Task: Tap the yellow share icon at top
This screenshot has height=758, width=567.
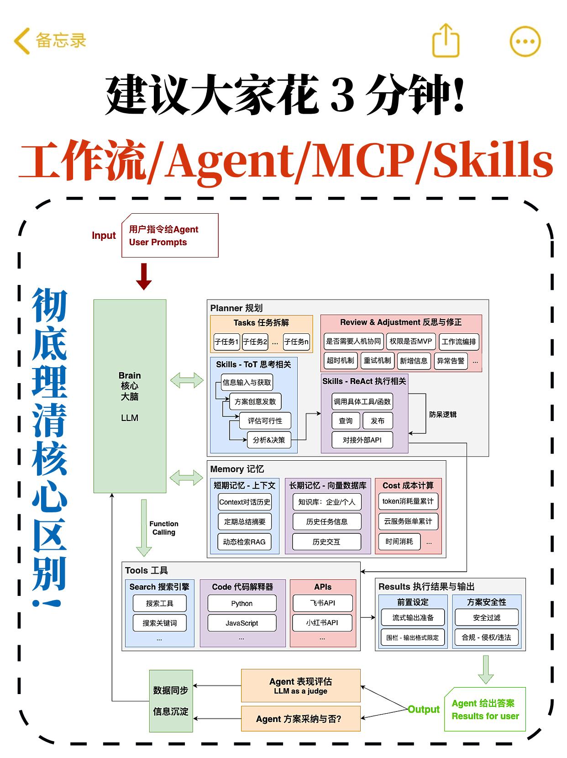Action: [x=446, y=41]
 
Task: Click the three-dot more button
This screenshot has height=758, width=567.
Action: [x=525, y=41]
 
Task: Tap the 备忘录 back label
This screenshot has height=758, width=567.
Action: [x=60, y=41]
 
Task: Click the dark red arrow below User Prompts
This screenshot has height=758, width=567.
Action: [x=144, y=276]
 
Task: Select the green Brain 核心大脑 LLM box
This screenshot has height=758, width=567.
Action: [x=130, y=396]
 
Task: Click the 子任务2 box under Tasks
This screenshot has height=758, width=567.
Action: [x=255, y=342]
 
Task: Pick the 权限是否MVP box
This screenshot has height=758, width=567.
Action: [x=410, y=342]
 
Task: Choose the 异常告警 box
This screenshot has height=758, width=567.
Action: [x=450, y=361]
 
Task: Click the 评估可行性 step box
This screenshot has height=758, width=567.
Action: [x=265, y=421]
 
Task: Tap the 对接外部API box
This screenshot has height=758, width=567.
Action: [x=362, y=440]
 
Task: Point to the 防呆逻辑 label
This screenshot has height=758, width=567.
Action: [x=442, y=415]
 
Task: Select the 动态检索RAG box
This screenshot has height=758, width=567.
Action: [x=244, y=542]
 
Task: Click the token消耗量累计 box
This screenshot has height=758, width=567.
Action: [x=408, y=501]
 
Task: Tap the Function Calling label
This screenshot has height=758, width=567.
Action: [x=163, y=528]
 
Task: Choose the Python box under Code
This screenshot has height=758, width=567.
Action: [x=241, y=604]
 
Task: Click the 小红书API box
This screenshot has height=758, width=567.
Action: [x=322, y=623]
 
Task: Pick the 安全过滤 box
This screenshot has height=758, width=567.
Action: [x=486, y=618]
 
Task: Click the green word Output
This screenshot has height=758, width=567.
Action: [x=423, y=709]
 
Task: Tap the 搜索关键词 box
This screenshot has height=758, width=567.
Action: [x=159, y=623]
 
